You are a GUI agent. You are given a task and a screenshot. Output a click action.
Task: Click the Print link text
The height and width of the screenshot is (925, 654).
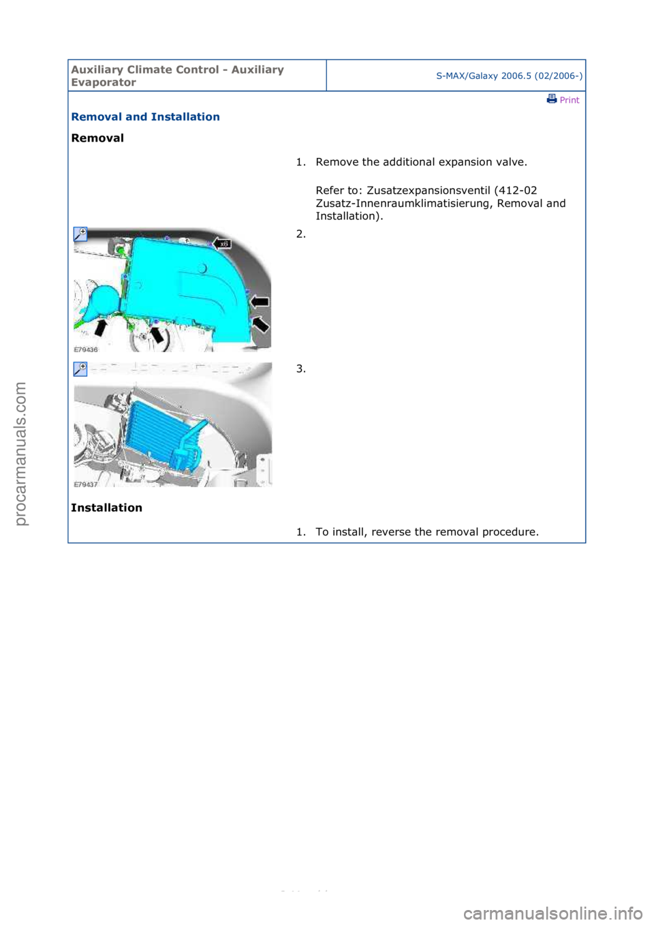(x=569, y=100)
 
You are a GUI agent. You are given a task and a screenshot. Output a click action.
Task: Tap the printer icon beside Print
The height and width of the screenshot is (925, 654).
(x=552, y=99)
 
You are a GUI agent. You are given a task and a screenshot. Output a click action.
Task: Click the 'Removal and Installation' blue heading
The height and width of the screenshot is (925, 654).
(x=145, y=116)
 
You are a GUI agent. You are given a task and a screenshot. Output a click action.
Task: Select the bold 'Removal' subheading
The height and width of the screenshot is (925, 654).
(x=97, y=138)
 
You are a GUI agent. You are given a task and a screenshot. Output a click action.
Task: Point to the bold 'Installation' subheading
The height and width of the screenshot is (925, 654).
(x=106, y=508)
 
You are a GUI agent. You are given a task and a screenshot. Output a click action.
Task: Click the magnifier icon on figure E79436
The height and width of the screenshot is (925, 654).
(x=80, y=234)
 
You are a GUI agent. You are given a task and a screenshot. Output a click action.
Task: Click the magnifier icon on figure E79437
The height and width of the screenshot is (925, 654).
(x=80, y=369)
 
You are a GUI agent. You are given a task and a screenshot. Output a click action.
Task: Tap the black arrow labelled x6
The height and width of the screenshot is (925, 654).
(x=222, y=243)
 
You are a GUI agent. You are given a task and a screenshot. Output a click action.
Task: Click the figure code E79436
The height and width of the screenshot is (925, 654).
(x=86, y=349)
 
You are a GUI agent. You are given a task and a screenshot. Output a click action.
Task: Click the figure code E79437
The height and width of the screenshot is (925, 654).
(x=86, y=484)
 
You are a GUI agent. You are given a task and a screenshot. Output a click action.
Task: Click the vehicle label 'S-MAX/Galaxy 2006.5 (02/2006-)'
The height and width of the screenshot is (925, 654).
(x=509, y=76)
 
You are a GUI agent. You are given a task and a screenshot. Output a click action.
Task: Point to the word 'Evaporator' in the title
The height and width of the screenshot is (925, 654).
(x=104, y=82)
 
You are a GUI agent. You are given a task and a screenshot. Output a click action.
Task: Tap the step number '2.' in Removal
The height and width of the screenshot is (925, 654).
(x=300, y=234)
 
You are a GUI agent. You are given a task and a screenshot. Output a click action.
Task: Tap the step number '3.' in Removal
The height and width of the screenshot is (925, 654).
(x=300, y=369)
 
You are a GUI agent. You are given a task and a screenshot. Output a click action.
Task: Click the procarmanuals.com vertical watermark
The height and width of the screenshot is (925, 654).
(x=20, y=453)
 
